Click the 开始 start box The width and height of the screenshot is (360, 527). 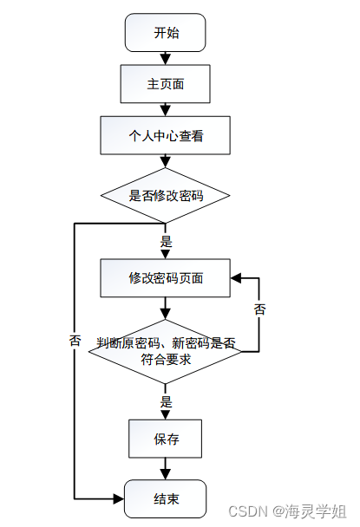tap(165, 33)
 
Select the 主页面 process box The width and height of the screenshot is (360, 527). tap(165, 84)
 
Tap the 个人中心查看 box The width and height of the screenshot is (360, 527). tap(165, 135)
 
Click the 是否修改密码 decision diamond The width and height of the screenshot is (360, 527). tap(165, 195)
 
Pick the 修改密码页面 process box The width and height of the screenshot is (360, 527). tap(165, 278)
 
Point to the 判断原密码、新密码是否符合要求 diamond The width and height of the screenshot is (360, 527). tap(165, 351)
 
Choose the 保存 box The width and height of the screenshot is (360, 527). tap(165, 439)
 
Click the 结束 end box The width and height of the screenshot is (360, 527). tap(165, 499)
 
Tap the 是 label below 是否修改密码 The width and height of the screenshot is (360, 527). tap(166, 242)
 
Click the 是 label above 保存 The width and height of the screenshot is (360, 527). tap(166, 401)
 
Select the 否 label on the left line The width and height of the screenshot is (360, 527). tap(75, 341)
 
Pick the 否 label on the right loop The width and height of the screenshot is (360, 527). tap(259, 309)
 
